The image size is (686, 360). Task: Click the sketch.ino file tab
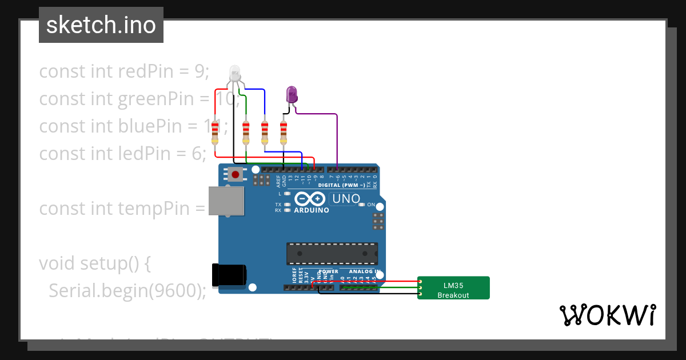point(101,25)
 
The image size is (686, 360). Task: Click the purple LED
point(292,94)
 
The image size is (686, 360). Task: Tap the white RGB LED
point(235,74)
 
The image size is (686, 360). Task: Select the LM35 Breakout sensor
point(453,288)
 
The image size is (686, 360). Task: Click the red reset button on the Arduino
point(234,174)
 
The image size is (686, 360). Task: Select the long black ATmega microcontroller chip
point(332,253)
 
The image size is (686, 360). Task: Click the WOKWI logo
point(607,315)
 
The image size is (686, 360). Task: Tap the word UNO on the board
point(346,199)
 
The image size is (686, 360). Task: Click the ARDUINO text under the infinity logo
point(312,210)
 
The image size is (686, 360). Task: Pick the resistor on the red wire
point(215,133)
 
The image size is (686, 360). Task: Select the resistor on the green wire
point(246,133)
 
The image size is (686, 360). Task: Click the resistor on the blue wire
point(265,133)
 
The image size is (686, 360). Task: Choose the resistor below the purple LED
point(284,133)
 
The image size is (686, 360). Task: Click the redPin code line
point(125,71)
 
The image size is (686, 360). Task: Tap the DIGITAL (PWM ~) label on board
point(341,185)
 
